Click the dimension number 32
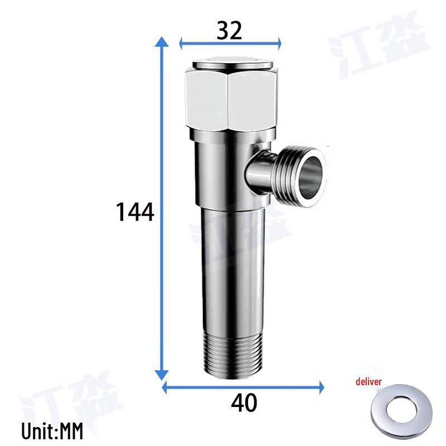tap(229, 31)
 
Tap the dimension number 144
tap(134, 212)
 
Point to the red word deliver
tap(369, 382)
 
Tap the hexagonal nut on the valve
tap(230, 100)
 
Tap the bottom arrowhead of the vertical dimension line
tap(162, 375)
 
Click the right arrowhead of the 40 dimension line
tap(320, 385)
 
